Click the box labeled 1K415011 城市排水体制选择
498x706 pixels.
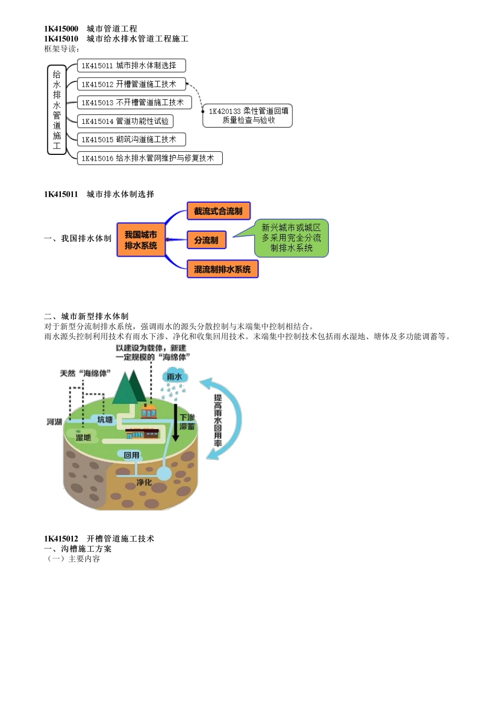coord(131,66)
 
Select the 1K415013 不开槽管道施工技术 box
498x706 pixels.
coord(134,102)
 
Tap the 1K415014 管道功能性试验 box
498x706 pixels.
coord(125,121)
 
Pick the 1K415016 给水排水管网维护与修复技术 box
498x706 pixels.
coord(149,158)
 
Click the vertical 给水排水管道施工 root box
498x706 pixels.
coord(57,110)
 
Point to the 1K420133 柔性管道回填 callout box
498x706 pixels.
coord(248,115)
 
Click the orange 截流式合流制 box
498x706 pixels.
coord(218,211)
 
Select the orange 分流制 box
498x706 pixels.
coord(207,240)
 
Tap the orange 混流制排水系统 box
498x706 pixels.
coord(222,269)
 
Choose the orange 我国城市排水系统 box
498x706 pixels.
coord(140,240)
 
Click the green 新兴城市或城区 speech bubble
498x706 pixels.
coord(291,238)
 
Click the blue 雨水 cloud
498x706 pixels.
coord(174,377)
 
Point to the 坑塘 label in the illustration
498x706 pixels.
coord(105,419)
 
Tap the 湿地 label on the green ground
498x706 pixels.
coord(83,437)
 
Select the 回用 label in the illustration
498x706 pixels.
coord(132,455)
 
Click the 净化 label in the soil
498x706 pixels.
coord(144,482)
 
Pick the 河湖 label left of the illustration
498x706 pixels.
coord(54,422)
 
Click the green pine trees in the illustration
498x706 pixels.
coord(129,387)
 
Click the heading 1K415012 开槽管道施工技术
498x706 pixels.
coord(99,539)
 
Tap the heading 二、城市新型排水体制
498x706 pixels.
coord(86,316)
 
